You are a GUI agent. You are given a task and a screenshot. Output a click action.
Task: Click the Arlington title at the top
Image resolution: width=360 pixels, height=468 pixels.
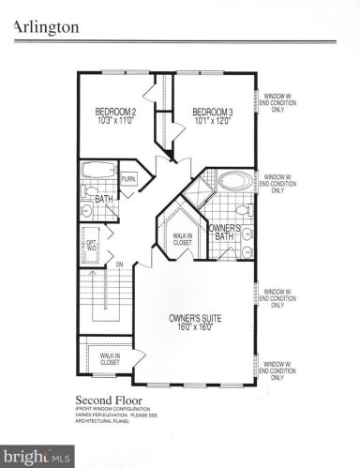(x=44, y=27)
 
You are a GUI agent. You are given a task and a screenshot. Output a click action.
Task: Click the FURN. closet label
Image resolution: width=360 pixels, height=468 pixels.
(x=129, y=177)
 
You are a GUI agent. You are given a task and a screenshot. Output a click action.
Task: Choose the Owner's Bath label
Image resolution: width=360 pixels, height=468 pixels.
(x=225, y=234)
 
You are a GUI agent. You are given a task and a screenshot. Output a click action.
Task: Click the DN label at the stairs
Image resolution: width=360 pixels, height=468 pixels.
(x=120, y=264)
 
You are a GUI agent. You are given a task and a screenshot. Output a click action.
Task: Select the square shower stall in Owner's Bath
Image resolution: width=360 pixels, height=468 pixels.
(x=198, y=193)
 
